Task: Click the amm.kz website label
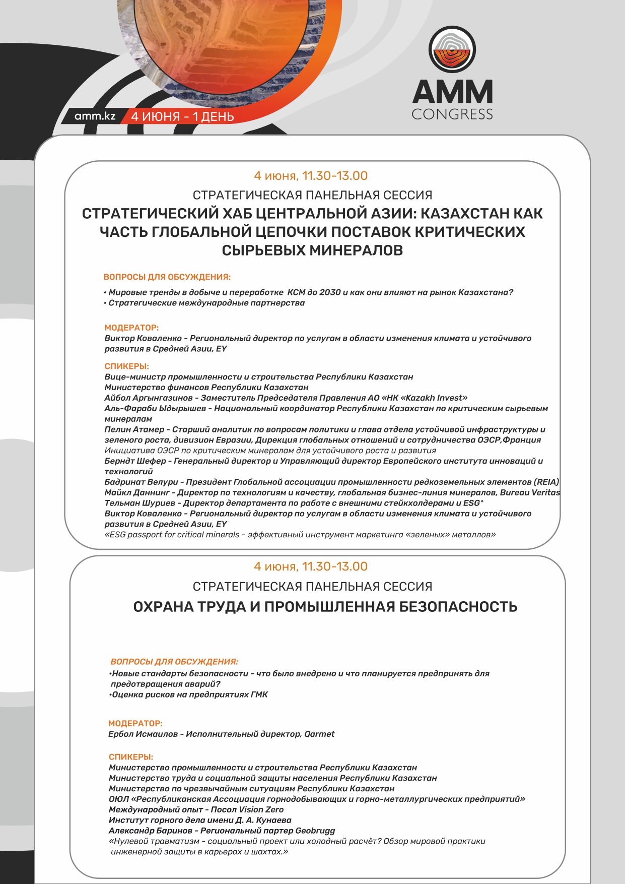[95, 116]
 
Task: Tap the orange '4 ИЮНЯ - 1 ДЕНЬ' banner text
[182, 116]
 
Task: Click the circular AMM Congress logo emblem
[452, 50]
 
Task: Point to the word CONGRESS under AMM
[452, 114]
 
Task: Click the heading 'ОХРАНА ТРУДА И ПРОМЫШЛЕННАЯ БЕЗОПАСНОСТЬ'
[325, 606]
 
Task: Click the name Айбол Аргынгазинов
[149, 398]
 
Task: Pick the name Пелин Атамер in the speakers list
[134, 429]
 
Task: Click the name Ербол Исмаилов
[143, 734]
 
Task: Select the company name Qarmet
[319, 734]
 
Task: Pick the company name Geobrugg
[315, 831]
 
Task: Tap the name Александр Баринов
[151, 831]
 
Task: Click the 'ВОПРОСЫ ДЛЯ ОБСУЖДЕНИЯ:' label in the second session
[174, 662]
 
